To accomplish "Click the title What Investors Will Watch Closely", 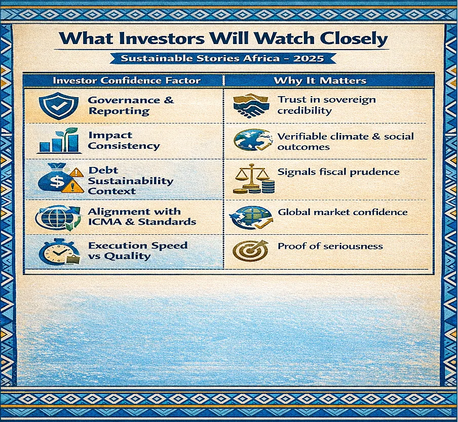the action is [x=223, y=38].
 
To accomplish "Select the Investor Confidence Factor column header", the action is [x=127, y=80].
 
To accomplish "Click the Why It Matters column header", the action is [x=320, y=80].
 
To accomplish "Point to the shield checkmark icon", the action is [x=59, y=106].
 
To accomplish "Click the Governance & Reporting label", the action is [x=131, y=105].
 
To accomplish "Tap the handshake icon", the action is [x=251, y=106].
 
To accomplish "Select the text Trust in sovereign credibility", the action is [x=326, y=105].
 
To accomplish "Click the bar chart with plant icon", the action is [x=59, y=141].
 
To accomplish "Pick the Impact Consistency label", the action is [x=124, y=140].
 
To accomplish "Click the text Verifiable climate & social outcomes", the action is [x=346, y=142].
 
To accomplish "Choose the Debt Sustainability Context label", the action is [x=131, y=181].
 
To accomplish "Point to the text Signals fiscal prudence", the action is [x=338, y=172].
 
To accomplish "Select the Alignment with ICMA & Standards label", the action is [x=142, y=217].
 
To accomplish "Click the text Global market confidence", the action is [x=342, y=212].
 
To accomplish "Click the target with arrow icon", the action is [x=251, y=250].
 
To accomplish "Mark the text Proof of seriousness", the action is [x=330, y=246].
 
